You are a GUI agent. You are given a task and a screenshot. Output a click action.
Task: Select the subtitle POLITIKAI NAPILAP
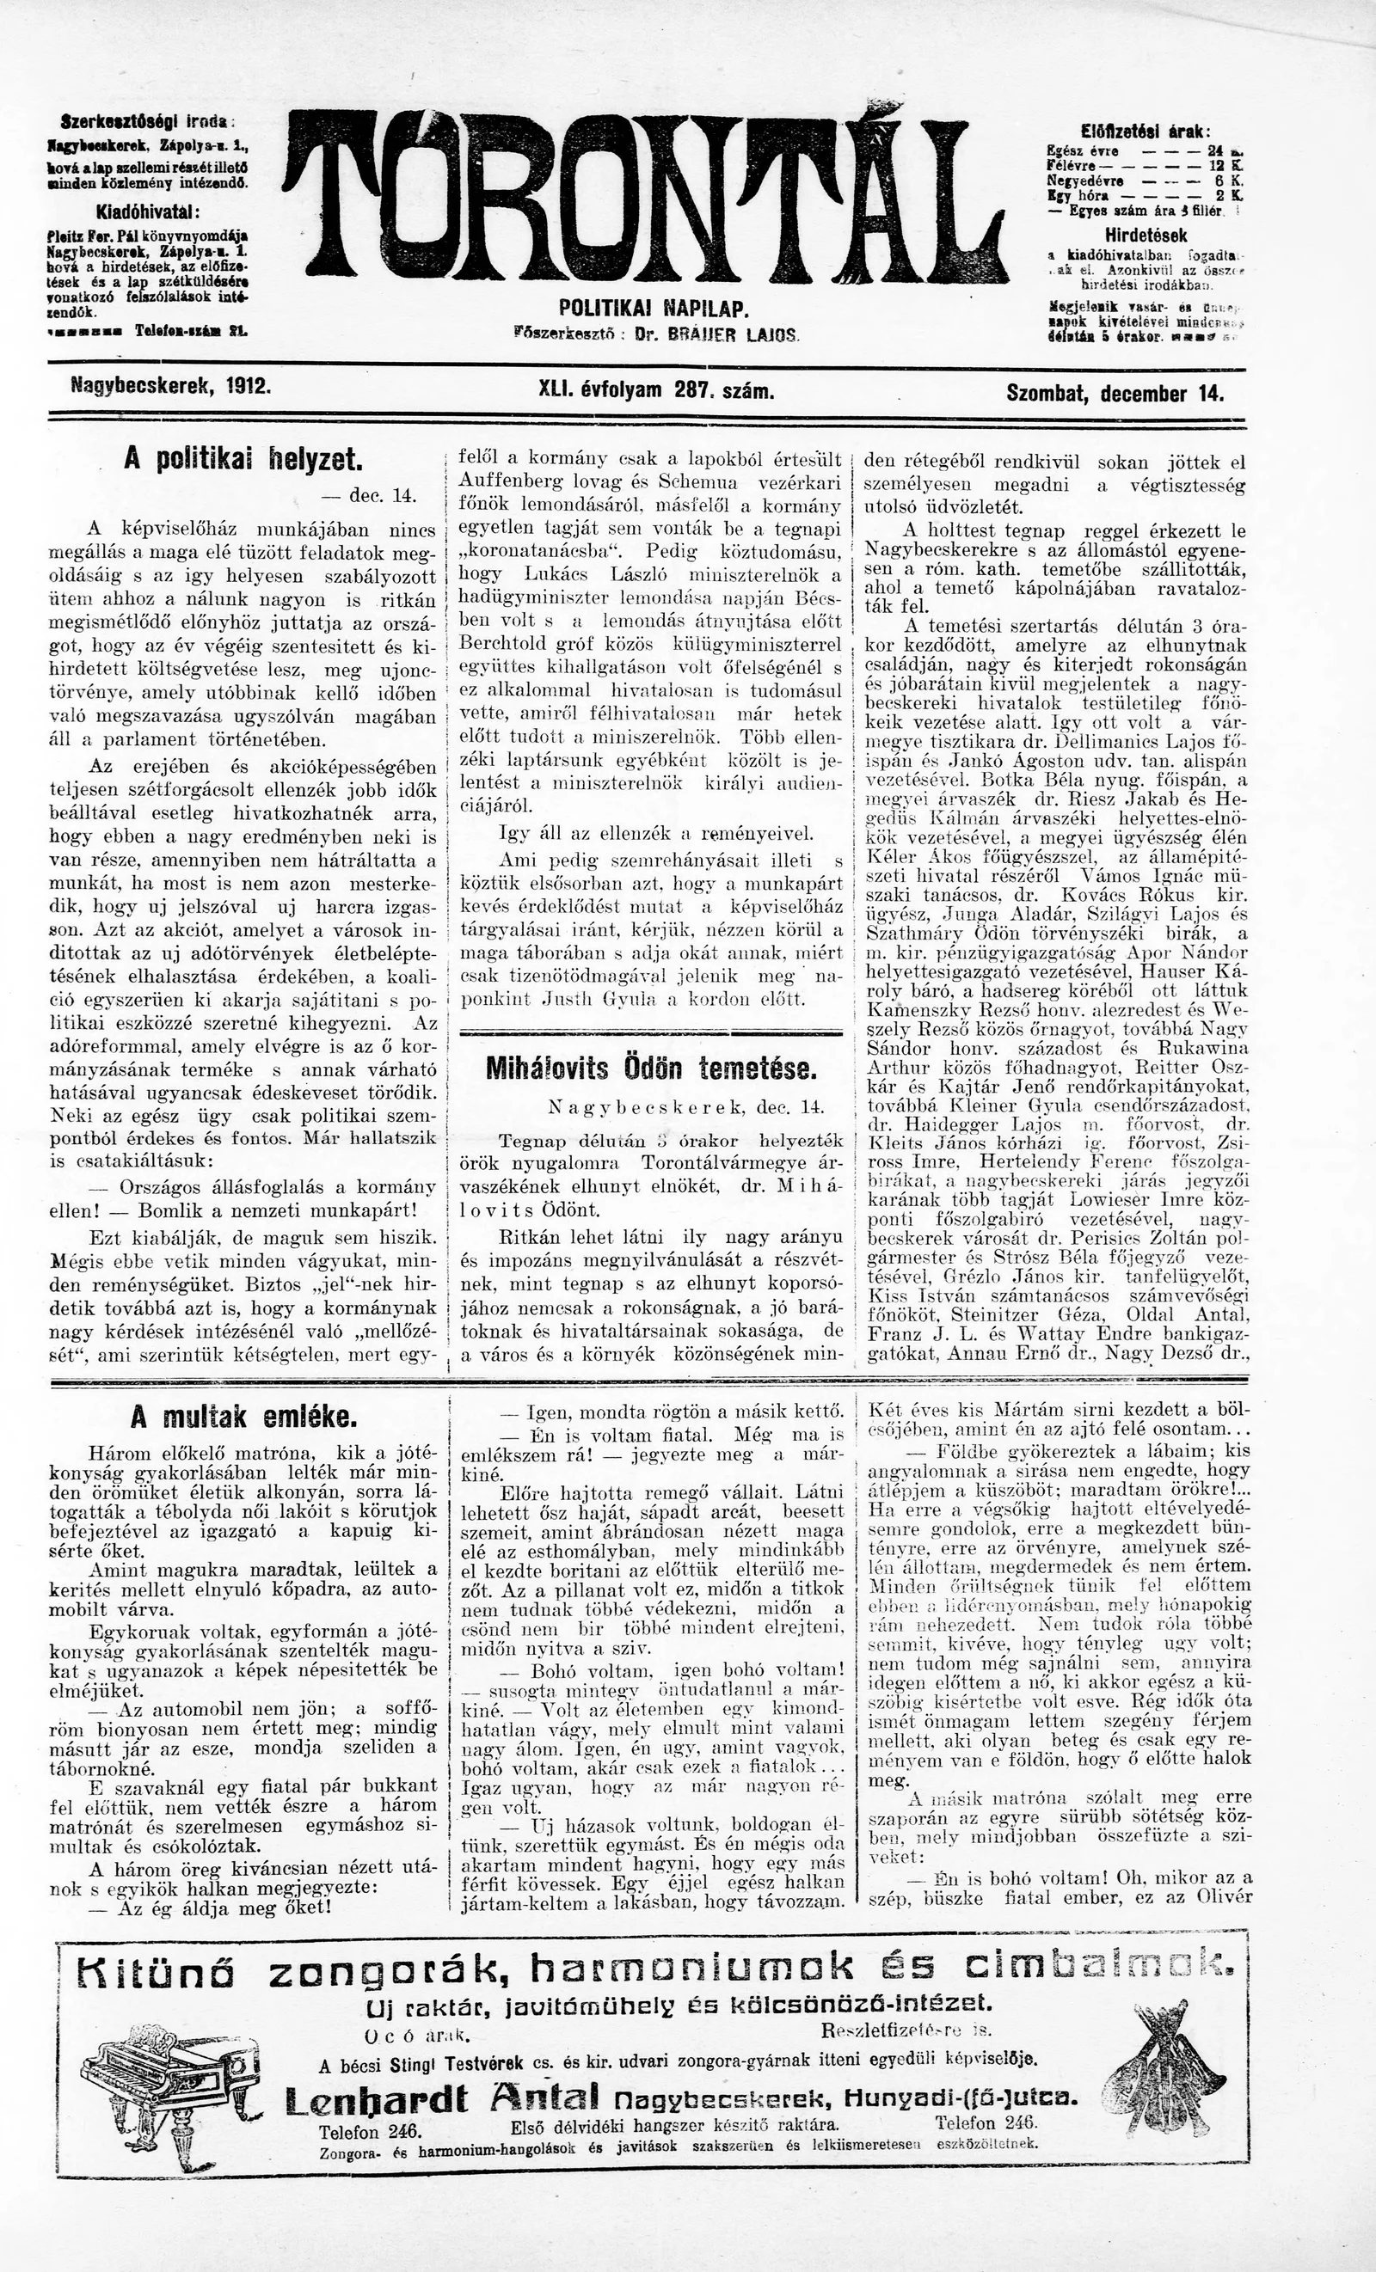pos(654,309)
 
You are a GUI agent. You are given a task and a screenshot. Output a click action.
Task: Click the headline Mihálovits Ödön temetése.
pos(651,1069)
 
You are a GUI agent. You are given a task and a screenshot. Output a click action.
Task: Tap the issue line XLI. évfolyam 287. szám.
pos(654,391)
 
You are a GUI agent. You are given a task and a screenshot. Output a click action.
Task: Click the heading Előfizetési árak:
pos(1145,131)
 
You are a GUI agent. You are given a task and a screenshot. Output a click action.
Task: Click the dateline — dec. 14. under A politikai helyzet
pos(369,495)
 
